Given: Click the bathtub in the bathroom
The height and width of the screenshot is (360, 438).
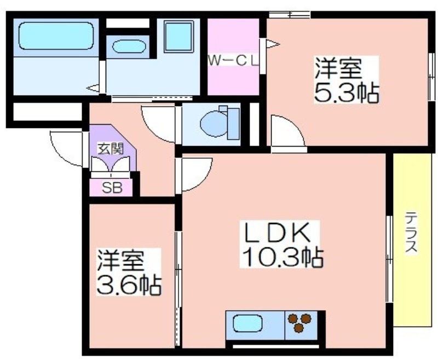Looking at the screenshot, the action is (56, 36).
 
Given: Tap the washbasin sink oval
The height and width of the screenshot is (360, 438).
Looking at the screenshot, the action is (129, 47).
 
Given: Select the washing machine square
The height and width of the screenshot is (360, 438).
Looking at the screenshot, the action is (179, 36).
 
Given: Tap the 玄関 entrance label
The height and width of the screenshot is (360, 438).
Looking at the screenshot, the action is (111, 149).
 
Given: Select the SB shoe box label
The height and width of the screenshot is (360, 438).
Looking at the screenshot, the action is (112, 188).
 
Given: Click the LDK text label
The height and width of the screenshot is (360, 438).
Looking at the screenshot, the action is (277, 233).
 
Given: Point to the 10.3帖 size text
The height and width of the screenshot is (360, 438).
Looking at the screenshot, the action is (283, 257).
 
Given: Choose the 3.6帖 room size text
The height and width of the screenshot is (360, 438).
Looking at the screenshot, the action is (129, 285).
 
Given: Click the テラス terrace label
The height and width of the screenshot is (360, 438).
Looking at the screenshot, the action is (412, 232).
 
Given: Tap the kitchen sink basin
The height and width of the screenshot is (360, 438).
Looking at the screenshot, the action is (247, 324).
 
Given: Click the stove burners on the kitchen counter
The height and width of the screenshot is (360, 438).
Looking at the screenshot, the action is (299, 323).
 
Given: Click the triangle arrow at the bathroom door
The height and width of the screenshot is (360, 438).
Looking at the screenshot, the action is (93, 88).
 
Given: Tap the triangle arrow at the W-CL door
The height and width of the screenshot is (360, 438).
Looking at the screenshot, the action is (272, 44).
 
